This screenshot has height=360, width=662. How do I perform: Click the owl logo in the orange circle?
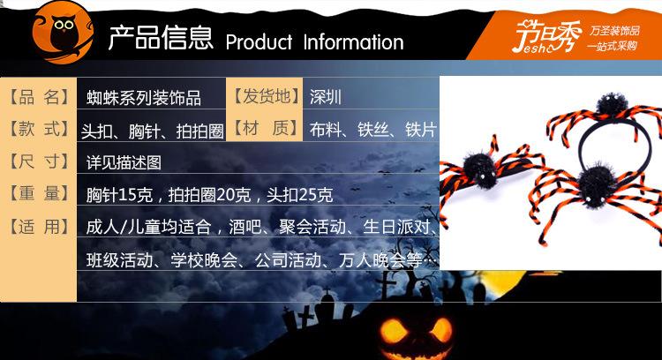(63, 33)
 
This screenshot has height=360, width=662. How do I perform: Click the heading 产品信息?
(161, 38)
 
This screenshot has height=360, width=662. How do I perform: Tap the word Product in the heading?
(259, 42)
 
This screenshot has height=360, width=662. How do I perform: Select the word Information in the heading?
(353, 42)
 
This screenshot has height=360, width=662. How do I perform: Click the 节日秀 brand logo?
(546, 36)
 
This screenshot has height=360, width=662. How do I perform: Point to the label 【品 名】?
(39, 97)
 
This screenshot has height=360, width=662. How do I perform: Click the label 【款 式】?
(39, 129)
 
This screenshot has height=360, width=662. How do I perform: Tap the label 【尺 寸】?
(39, 161)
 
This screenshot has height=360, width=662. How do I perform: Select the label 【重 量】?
(39, 193)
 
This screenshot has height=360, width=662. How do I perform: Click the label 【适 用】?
(39, 227)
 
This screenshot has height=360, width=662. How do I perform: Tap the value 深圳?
(325, 97)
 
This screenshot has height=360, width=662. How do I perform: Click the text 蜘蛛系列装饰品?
(144, 98)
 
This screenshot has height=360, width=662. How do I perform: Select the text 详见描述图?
(124, 162)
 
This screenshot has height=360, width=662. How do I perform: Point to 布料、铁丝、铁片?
(372, 130)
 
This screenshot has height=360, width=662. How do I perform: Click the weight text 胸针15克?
(119, 195)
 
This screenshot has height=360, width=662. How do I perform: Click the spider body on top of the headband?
(611, 105)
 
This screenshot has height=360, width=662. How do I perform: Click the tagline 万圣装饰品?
(614, 31)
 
